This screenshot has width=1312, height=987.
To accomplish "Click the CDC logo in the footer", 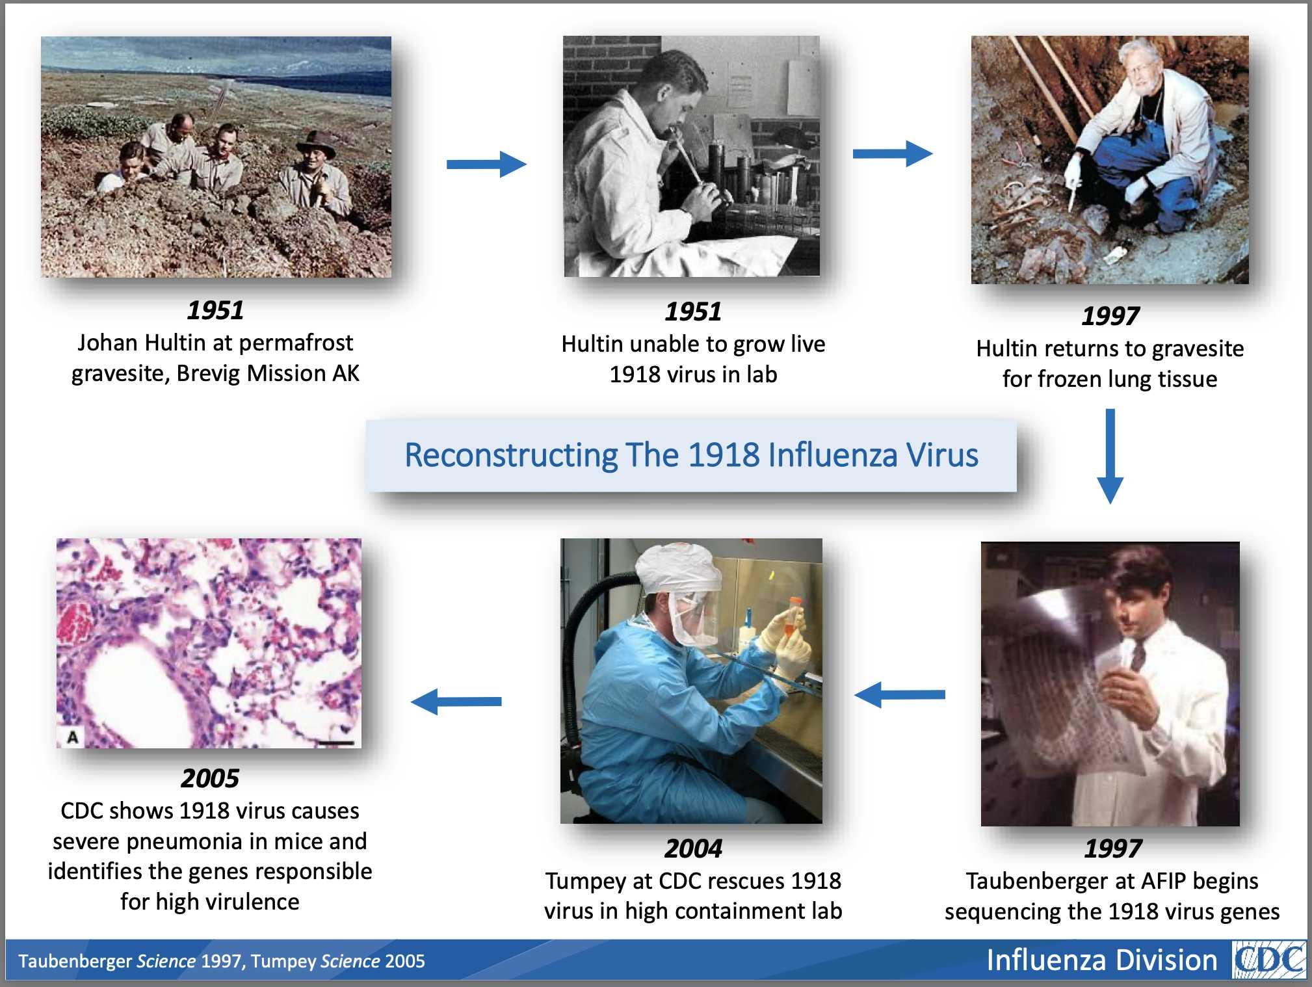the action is click(x=1269, y=960).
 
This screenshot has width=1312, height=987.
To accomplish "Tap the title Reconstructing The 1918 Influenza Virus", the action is click(x=691, y=454).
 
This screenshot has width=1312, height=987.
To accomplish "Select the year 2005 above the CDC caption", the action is click(x=210, y=778).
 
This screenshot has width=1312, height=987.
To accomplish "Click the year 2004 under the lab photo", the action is click(x=693, y=849).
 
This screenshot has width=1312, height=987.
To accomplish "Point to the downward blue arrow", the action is click(x=1110, y=456).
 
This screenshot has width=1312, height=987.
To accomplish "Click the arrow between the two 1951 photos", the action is click(x=486, y=164).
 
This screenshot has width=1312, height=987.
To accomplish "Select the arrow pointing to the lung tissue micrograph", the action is click(x=456, y=702).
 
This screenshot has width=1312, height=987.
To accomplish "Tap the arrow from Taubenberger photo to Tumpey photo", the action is click(x=900, y=694).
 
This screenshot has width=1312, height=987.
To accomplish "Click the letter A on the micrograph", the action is click(x=73, y=737).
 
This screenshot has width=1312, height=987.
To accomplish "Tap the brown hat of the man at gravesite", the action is click(x=317, y=145).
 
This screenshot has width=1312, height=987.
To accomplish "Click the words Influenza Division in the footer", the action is click(x=1101, y=960).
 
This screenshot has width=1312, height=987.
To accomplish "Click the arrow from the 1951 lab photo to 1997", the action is click(x=893, y=153).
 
